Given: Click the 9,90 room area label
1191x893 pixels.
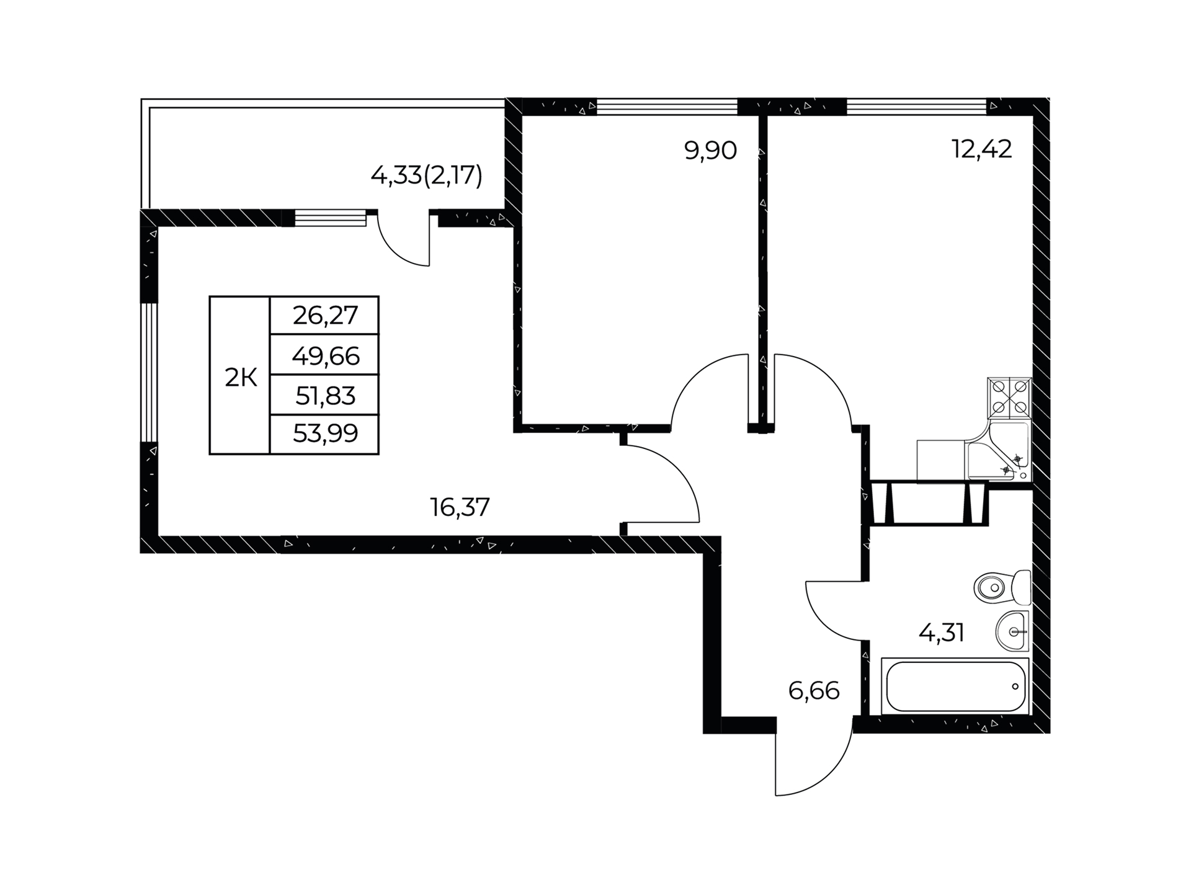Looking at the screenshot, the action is [710, 151].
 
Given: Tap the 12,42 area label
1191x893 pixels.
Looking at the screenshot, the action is [982, 149].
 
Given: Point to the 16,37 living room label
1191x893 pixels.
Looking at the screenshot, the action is [460, 507].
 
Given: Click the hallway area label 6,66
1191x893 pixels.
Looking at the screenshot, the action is [814, 690].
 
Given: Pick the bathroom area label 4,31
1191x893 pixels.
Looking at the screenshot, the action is [941, 633].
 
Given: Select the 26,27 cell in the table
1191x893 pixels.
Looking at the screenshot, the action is [325, 316].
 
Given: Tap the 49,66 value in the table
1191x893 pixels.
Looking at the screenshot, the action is [325, 355].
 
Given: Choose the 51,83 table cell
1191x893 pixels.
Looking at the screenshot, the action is [325, 395].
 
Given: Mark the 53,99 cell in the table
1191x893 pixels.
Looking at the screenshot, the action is [325, 434].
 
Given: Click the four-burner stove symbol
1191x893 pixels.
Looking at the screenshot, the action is [1009, 398].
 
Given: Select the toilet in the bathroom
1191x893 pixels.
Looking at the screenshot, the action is [1002, 587].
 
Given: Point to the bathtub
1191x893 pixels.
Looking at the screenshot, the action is [955, 686].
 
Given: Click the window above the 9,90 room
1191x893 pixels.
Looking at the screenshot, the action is [667, 107].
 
